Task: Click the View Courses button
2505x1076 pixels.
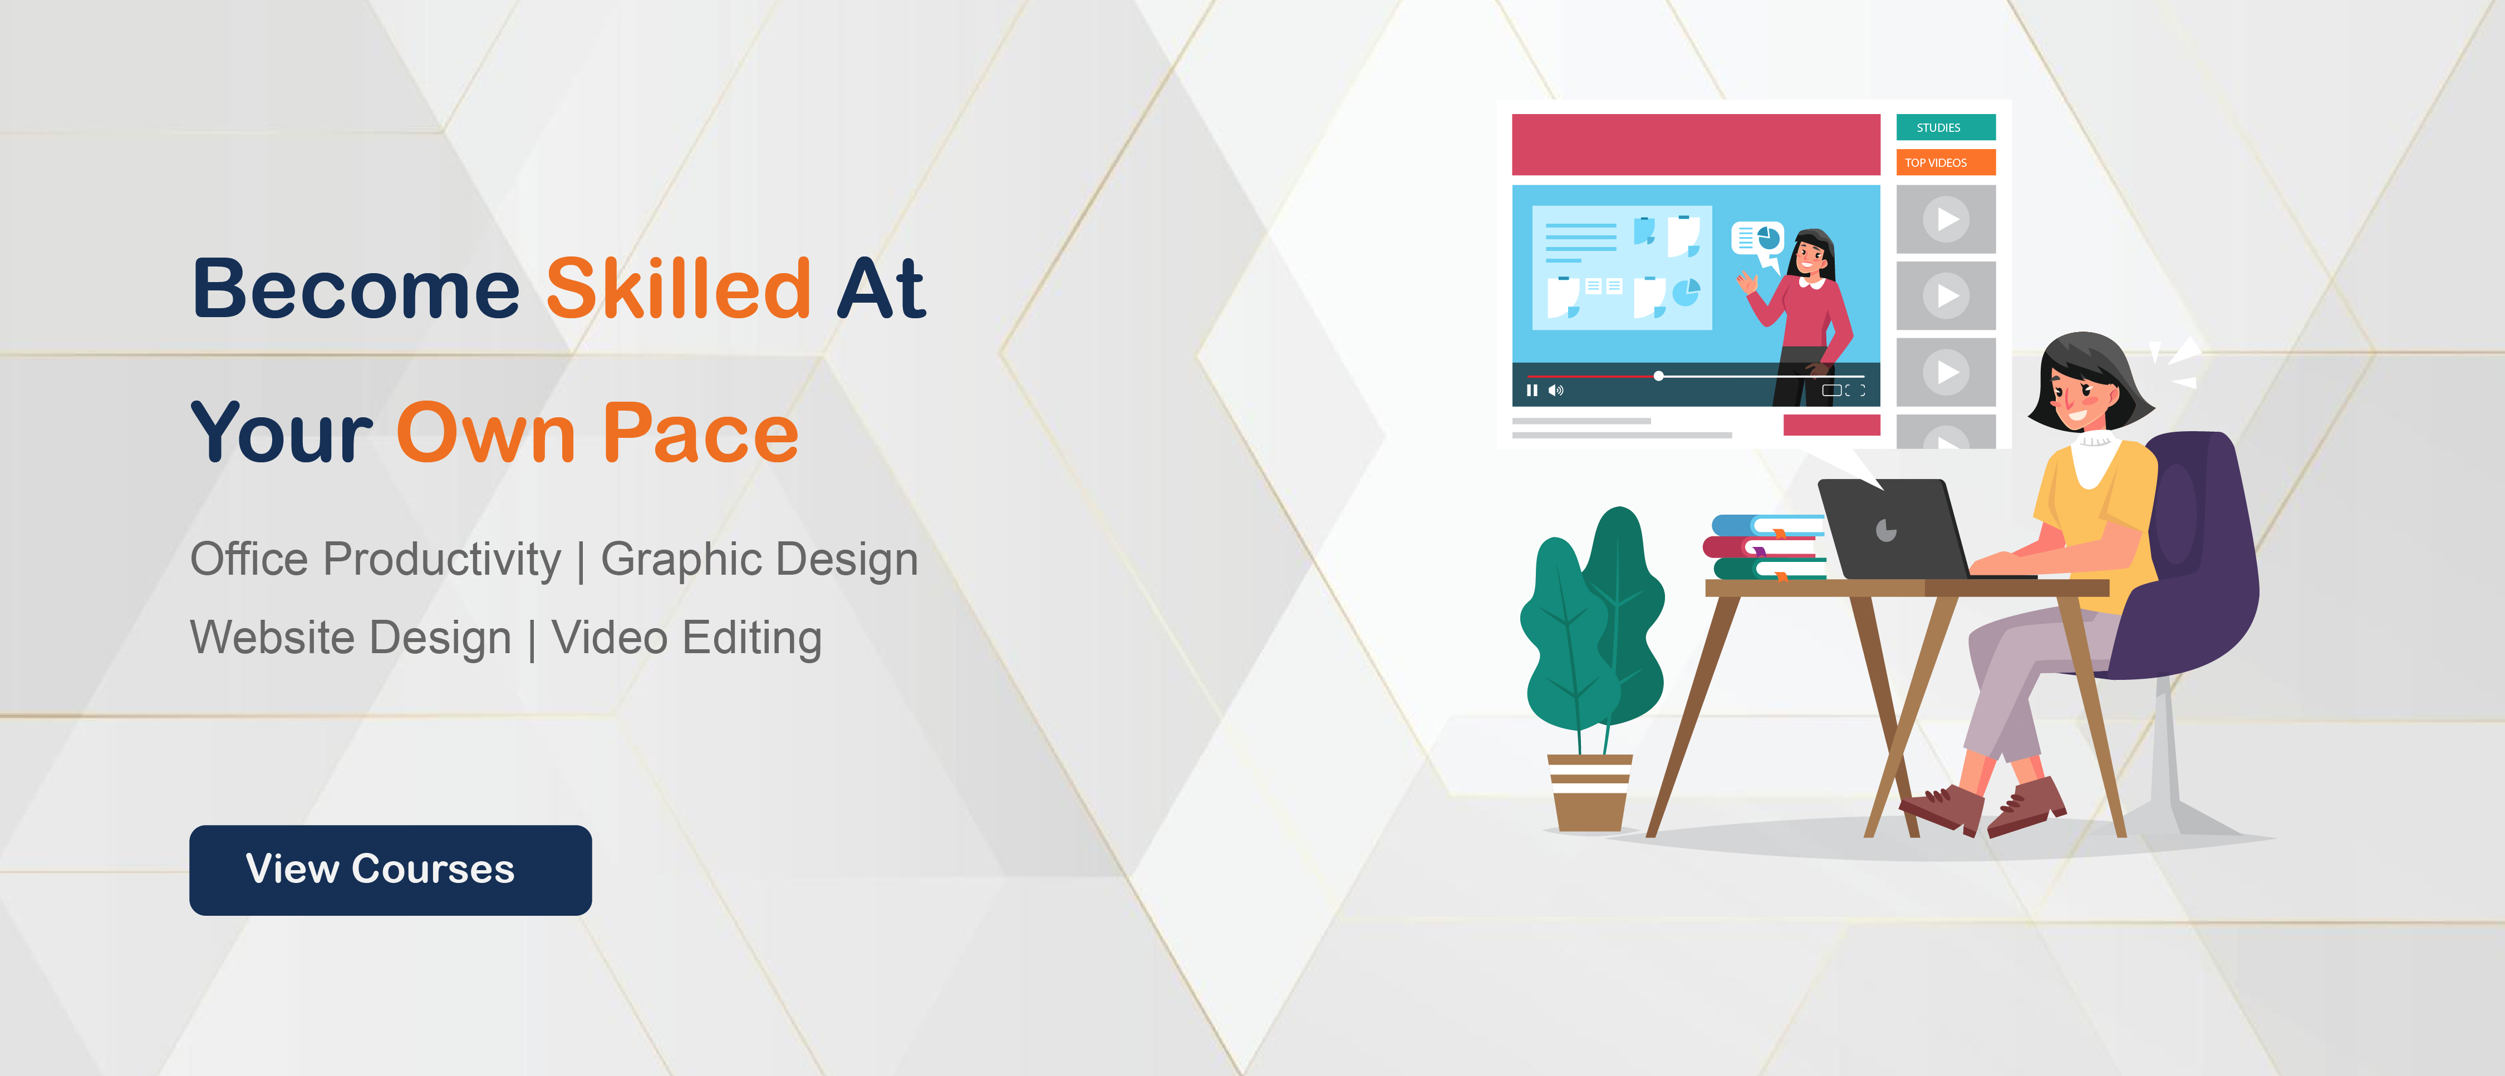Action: (390, 870)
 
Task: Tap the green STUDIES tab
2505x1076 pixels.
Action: (1946, 127)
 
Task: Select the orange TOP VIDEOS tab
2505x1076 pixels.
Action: (1946, 162)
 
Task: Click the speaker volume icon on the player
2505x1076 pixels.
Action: (1556, 391)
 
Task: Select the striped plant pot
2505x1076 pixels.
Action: (1590, 792)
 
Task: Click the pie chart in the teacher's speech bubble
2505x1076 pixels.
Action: (1768, 237)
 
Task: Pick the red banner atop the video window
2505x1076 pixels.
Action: (1696, 144)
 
